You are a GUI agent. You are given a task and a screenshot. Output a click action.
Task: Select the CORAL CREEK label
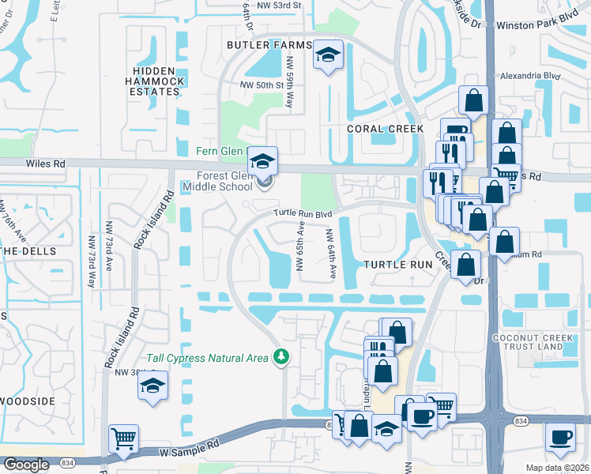(x=385, y=129)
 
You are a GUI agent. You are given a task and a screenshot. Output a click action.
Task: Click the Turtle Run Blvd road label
(x=303, y=213)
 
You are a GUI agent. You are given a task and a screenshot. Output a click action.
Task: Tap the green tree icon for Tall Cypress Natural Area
(x=280, y=358)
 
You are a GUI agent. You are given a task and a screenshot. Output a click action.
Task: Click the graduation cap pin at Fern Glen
(x=263, y=160)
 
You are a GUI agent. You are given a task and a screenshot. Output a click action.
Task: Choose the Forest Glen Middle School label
(x=216, y=181)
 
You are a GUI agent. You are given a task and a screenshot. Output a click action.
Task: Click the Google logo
(x=26, y=465)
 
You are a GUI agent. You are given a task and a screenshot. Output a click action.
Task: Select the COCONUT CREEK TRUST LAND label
(x=547, y=329)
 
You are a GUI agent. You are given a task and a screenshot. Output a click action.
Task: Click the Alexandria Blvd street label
(x=531, y=77)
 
